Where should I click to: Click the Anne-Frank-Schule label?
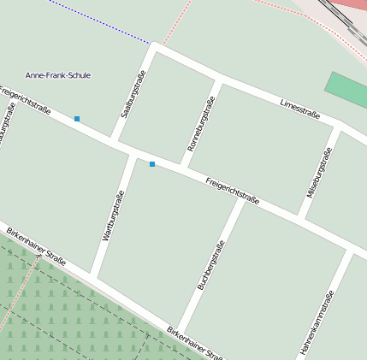click(58, 75)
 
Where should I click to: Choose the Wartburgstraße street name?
click(113, 215)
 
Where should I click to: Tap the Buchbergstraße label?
click(211, 265)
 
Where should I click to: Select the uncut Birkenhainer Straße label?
click(36, 245)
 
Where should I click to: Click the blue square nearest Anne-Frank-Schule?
click(77, 118)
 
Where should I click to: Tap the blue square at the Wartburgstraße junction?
click(152, 163)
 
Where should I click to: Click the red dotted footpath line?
click(175, 26)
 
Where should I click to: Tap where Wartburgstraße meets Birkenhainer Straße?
click(93, 275)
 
